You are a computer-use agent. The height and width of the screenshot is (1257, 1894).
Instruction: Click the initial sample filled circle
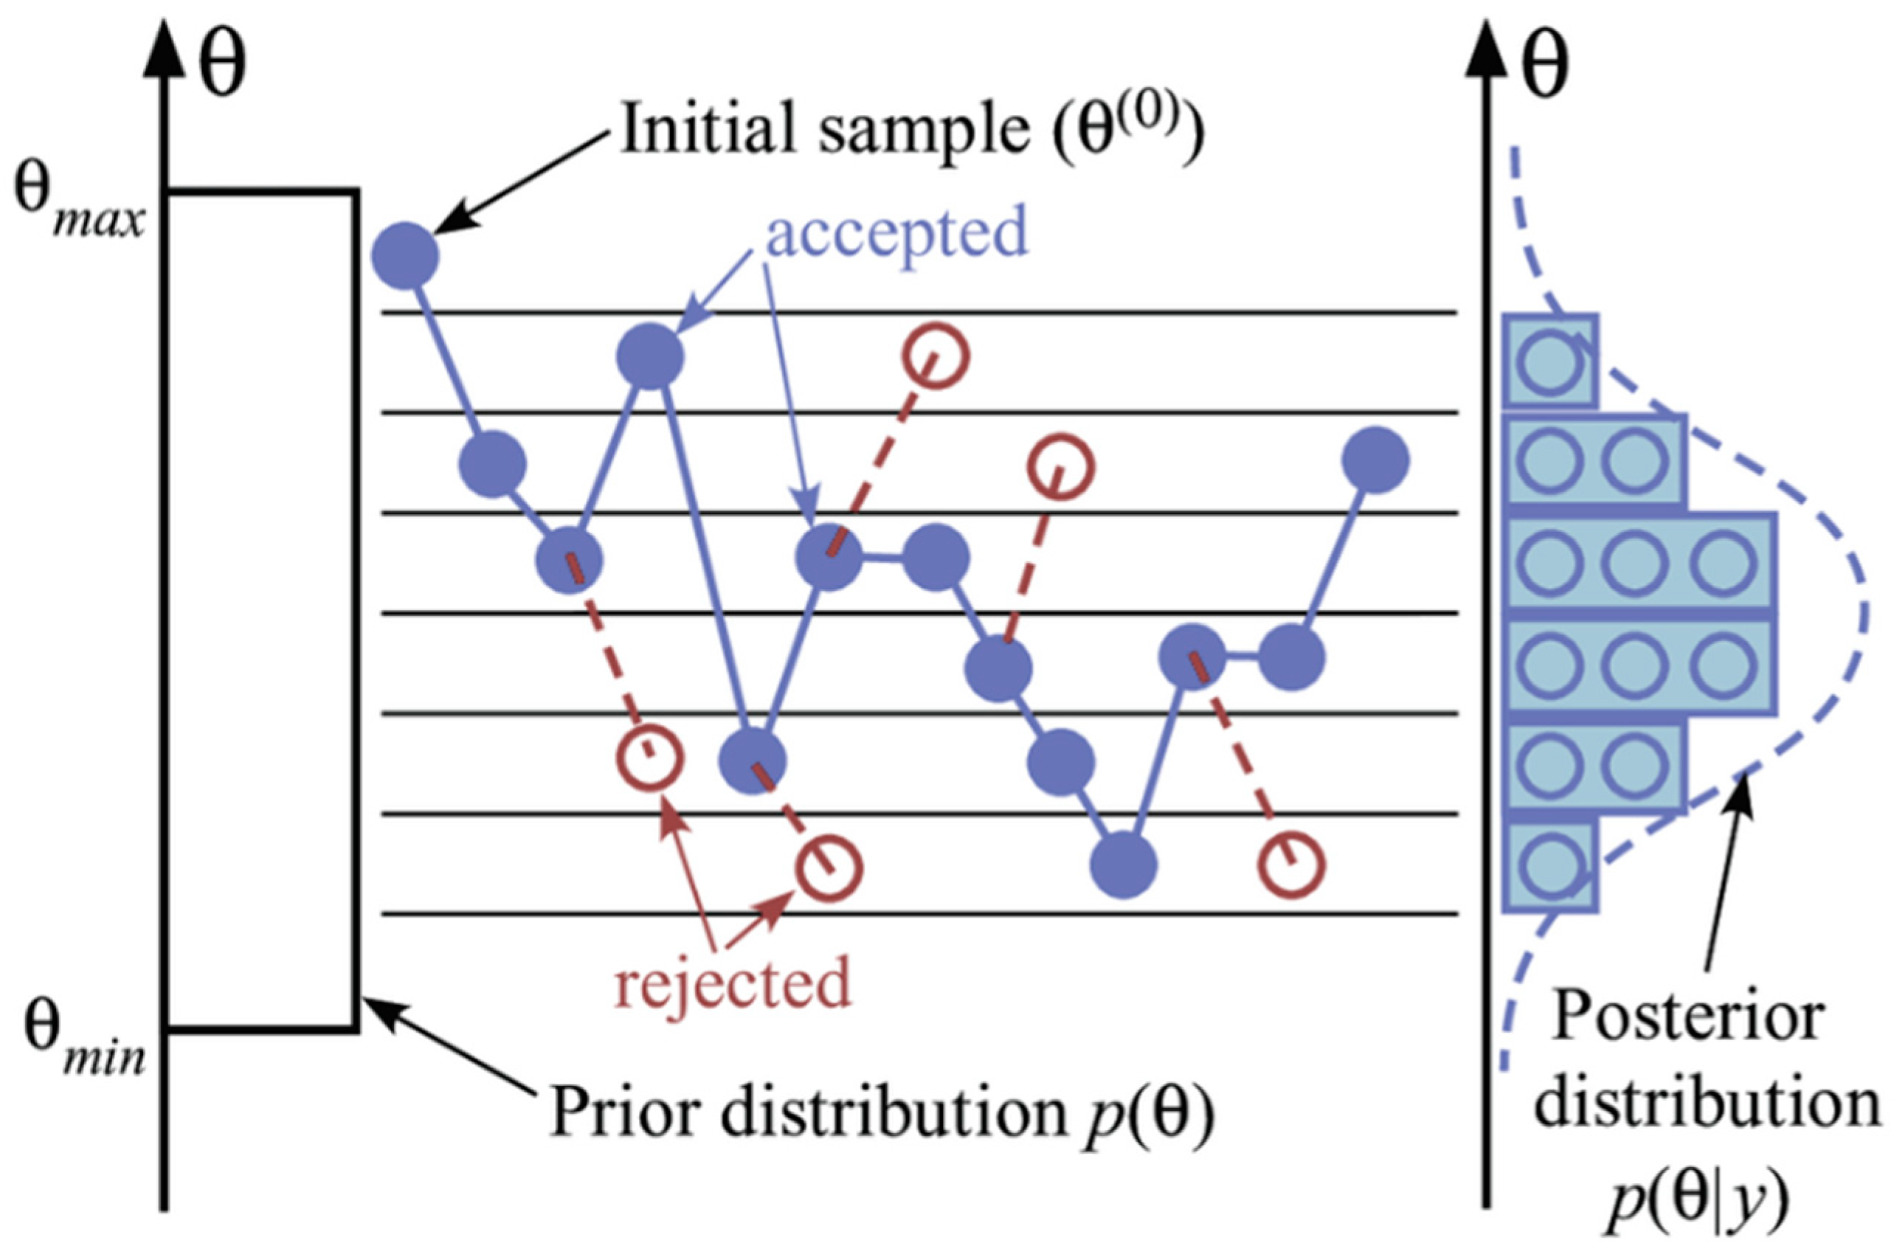[405, 256]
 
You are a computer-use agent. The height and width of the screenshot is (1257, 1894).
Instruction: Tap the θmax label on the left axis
[79, 207]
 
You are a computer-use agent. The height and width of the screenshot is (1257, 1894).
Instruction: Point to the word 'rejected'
[732, 982]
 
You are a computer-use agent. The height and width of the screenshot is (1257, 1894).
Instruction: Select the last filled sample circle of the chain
[1375, 460]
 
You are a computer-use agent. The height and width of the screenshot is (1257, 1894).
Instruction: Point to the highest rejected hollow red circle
[936, 356]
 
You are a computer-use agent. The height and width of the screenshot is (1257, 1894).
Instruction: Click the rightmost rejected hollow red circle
[1290, 865]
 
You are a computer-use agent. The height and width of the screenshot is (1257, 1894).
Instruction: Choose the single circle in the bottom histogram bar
[1549, 865]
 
